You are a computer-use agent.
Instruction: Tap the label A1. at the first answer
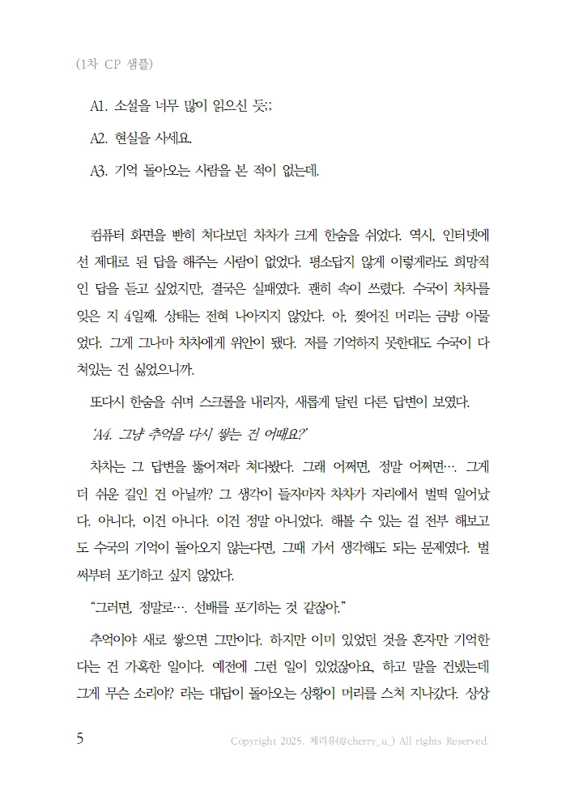click(101, 106)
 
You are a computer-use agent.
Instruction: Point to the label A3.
click(102, 170)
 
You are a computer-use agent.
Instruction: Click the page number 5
click(79, 739)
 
